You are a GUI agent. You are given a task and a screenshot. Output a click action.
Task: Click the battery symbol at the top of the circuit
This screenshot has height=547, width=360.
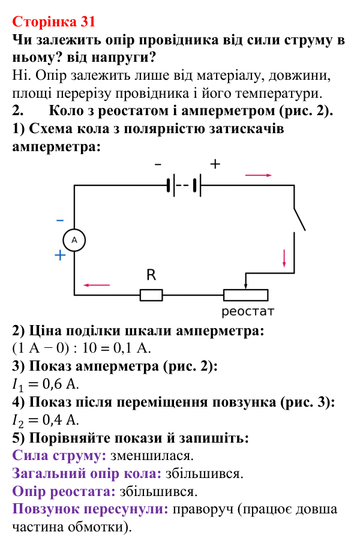(184, 185)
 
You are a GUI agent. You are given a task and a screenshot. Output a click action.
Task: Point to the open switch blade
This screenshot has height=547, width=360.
(299, 220)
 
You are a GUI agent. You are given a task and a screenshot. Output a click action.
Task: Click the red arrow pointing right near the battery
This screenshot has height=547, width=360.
(259, 175)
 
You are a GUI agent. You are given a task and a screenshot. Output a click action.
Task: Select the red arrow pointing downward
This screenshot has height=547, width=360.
(284, 259)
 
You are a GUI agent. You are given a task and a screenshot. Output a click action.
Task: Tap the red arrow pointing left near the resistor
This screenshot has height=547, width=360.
(96, 285)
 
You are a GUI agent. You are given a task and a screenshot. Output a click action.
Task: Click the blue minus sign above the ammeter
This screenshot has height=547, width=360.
(60, 220)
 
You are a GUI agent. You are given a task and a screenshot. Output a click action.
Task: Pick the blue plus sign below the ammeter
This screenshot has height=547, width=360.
(61, 256)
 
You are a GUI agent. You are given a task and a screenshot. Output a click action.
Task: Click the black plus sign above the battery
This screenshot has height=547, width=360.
(215, 164)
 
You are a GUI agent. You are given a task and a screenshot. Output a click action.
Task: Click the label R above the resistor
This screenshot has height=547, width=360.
(151, 275)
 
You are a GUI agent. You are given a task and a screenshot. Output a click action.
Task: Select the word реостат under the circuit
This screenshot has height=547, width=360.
(248, 311)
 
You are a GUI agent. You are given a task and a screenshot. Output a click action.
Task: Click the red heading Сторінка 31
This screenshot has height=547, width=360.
(54, 22)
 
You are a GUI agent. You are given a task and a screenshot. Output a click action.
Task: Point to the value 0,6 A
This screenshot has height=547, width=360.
(61, 384)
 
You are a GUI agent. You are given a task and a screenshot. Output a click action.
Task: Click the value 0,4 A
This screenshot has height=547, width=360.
(61, 420)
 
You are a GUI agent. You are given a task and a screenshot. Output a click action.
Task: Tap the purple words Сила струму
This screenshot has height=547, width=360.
(59, 456)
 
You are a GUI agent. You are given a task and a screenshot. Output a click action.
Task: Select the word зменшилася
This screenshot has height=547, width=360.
(152, 456)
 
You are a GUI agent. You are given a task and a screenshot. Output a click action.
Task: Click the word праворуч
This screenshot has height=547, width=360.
(203, 509)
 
